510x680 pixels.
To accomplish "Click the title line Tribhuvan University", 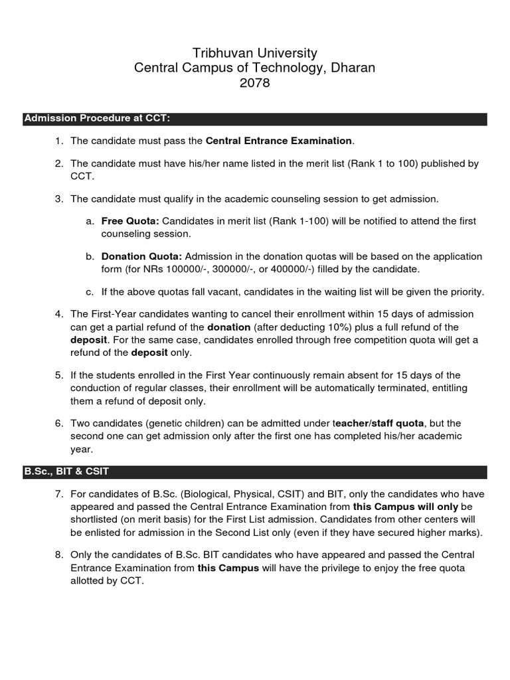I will pos(255,53).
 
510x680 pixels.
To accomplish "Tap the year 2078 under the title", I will pos(255,84).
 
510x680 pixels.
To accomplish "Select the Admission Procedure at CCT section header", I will pos(97,120).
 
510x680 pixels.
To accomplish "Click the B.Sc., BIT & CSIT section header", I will pos(66,472).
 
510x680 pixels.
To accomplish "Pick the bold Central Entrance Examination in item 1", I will pos(279,141).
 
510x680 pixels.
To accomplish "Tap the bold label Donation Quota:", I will pos(141,256).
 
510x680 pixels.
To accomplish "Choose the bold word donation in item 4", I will pos(228,327).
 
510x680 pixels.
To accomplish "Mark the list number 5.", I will pos(58,375).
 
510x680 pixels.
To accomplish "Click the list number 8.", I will pos(58,554).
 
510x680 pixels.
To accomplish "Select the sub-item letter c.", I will pos(89,292).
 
